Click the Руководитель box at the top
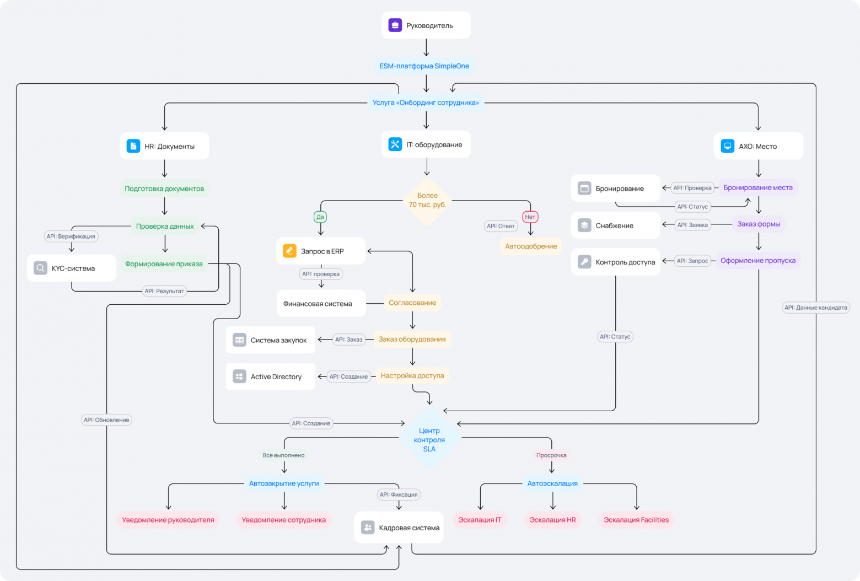426,25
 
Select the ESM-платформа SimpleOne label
424,66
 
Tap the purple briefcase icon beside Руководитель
395,25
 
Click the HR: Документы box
164,146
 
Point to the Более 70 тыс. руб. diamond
427,201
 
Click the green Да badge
320,217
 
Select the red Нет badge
530,217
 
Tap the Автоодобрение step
531,246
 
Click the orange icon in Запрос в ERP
289,251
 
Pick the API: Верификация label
71,236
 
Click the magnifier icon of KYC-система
40,268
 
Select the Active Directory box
270,376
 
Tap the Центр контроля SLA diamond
429,439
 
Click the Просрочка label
551,455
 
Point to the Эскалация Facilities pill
636,520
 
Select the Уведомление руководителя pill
168,520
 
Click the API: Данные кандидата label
816,308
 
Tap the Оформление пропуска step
758,260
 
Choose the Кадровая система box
399,527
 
